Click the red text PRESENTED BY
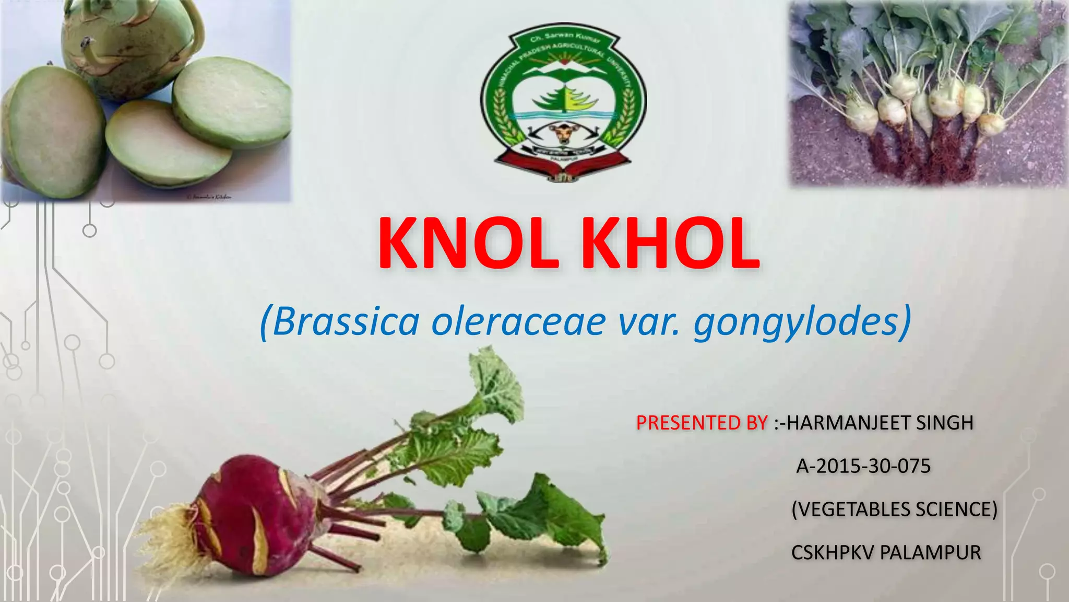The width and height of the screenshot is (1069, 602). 702,422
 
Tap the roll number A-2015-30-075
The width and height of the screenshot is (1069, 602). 863,466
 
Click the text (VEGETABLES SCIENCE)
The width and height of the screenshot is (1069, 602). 894,509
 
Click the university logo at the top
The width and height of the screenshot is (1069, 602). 563,102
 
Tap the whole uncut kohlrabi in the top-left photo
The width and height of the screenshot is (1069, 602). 130,44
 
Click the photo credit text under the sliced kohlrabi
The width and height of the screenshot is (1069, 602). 209,197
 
